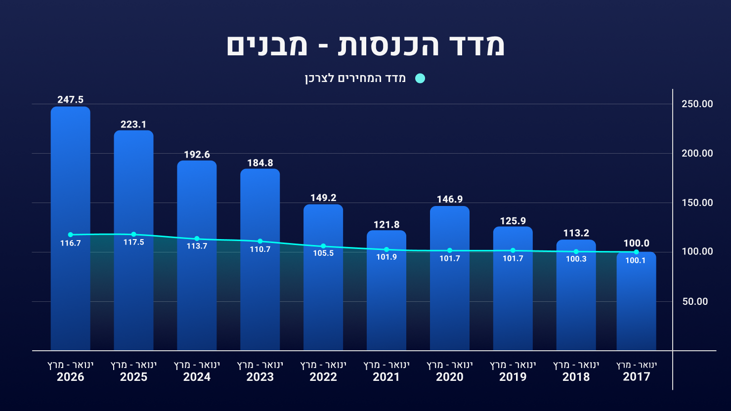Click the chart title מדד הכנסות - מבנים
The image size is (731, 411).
pos(366,45)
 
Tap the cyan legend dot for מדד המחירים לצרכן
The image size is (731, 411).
pos(420,79)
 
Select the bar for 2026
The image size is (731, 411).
pos(71,229)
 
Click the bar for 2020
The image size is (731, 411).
pos(450,278)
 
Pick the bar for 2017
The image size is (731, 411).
pos(637,301)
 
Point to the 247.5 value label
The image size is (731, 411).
pos(71,99)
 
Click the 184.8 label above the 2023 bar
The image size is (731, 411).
pos(260,163)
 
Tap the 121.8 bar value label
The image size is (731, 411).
pos(387,224)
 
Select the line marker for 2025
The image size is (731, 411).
pos(133,235)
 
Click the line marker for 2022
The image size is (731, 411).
pos(323,246)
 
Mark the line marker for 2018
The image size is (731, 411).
pos(576,251)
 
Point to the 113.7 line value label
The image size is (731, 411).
pos(197,246)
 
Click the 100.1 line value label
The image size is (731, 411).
pos(636,260)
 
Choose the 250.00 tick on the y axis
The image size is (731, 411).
pos(697,104)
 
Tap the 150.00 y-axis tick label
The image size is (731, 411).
pos(697,203)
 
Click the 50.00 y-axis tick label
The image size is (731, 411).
pos(695,301)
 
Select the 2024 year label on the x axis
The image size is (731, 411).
pos(197,377)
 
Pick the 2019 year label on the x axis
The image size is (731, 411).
pos(513,377)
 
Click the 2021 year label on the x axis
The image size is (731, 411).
pos(387,377)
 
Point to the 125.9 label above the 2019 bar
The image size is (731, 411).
pos(513,221)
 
